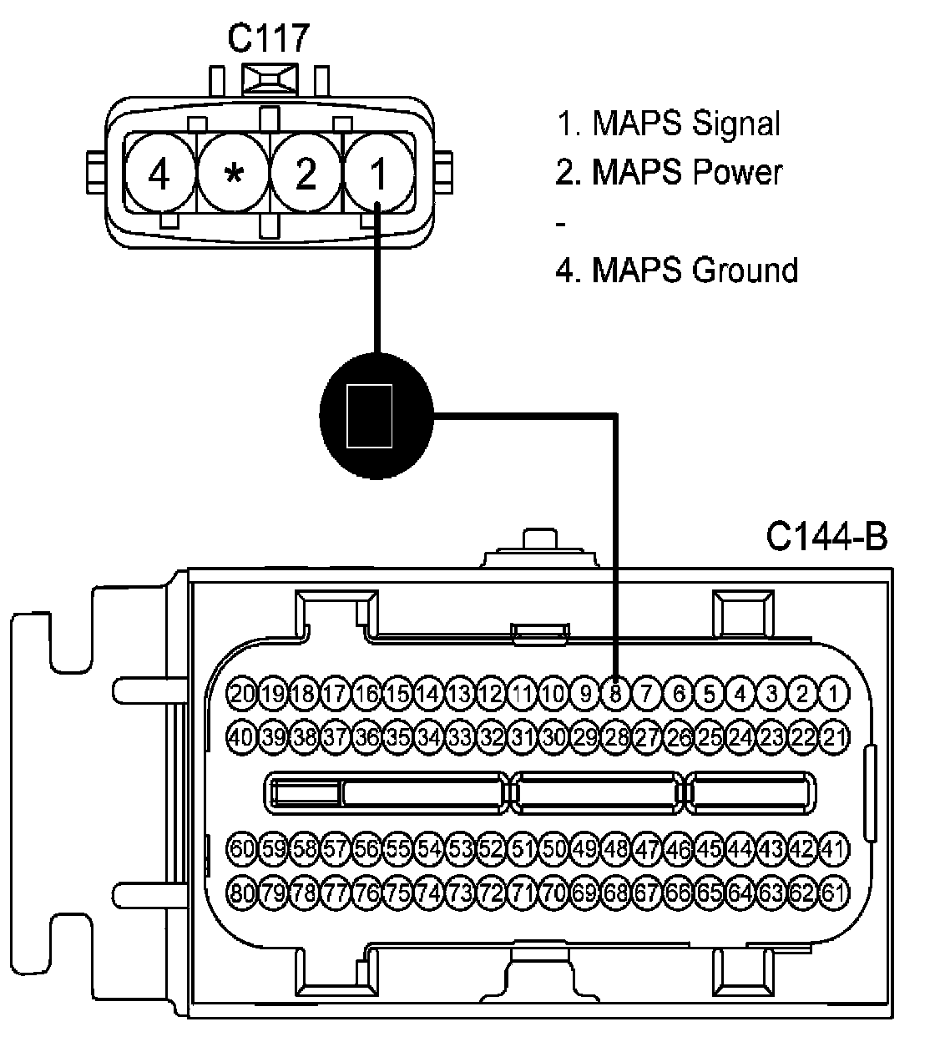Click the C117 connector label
click(268, 38)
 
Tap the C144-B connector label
click(827, 536)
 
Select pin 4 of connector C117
click(159, 173)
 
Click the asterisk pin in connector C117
click(234, 173)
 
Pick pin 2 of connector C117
click(306, 173)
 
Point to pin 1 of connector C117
click(379, 173)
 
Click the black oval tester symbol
click(377, 416)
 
